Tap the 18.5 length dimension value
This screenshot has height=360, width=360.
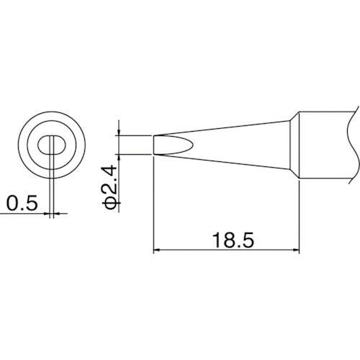(x=227, y=238)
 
